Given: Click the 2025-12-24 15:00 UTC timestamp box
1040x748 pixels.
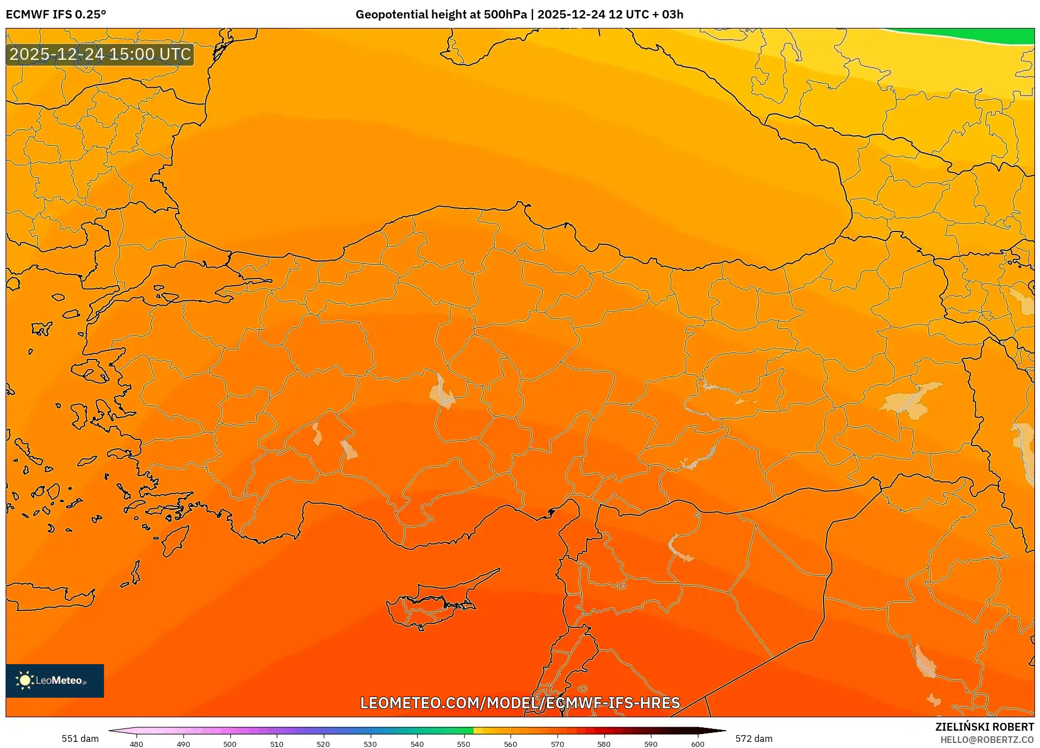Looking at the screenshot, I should click(x=100, y=54).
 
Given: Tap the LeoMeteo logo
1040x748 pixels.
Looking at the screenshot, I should click(x=55, y=680).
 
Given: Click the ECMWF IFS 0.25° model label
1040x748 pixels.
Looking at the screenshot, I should click(x=56, y=15).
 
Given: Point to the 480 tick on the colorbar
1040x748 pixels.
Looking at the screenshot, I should click(x=136, y=744).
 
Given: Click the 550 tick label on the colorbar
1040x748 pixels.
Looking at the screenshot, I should click(x=464, y=744).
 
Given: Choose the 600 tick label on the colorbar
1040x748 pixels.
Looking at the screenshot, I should click(x=697, y=744).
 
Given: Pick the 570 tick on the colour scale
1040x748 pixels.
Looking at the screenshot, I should click(x=557, y=744).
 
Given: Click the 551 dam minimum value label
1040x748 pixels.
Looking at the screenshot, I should click(x=80, y=738).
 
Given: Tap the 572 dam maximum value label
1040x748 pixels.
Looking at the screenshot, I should click(x=754, y=738).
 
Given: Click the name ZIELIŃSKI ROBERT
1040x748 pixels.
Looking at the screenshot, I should click(x=984, y=727).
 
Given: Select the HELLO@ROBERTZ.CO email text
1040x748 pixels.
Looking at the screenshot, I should click(x=986, y=740).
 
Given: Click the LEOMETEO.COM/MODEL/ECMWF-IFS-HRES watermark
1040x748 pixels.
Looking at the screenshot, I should click(x=520, y=703).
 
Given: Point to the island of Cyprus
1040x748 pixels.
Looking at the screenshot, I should click(x=431, y=607).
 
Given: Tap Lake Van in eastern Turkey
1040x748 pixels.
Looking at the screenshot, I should click(x=911, y=400).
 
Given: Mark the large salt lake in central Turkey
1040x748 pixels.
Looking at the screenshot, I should click(x=442, y=391).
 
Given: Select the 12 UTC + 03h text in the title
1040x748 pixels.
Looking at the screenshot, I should click(x=646, y=15).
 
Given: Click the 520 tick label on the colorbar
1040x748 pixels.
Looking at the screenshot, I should click(x=323, y=744).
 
